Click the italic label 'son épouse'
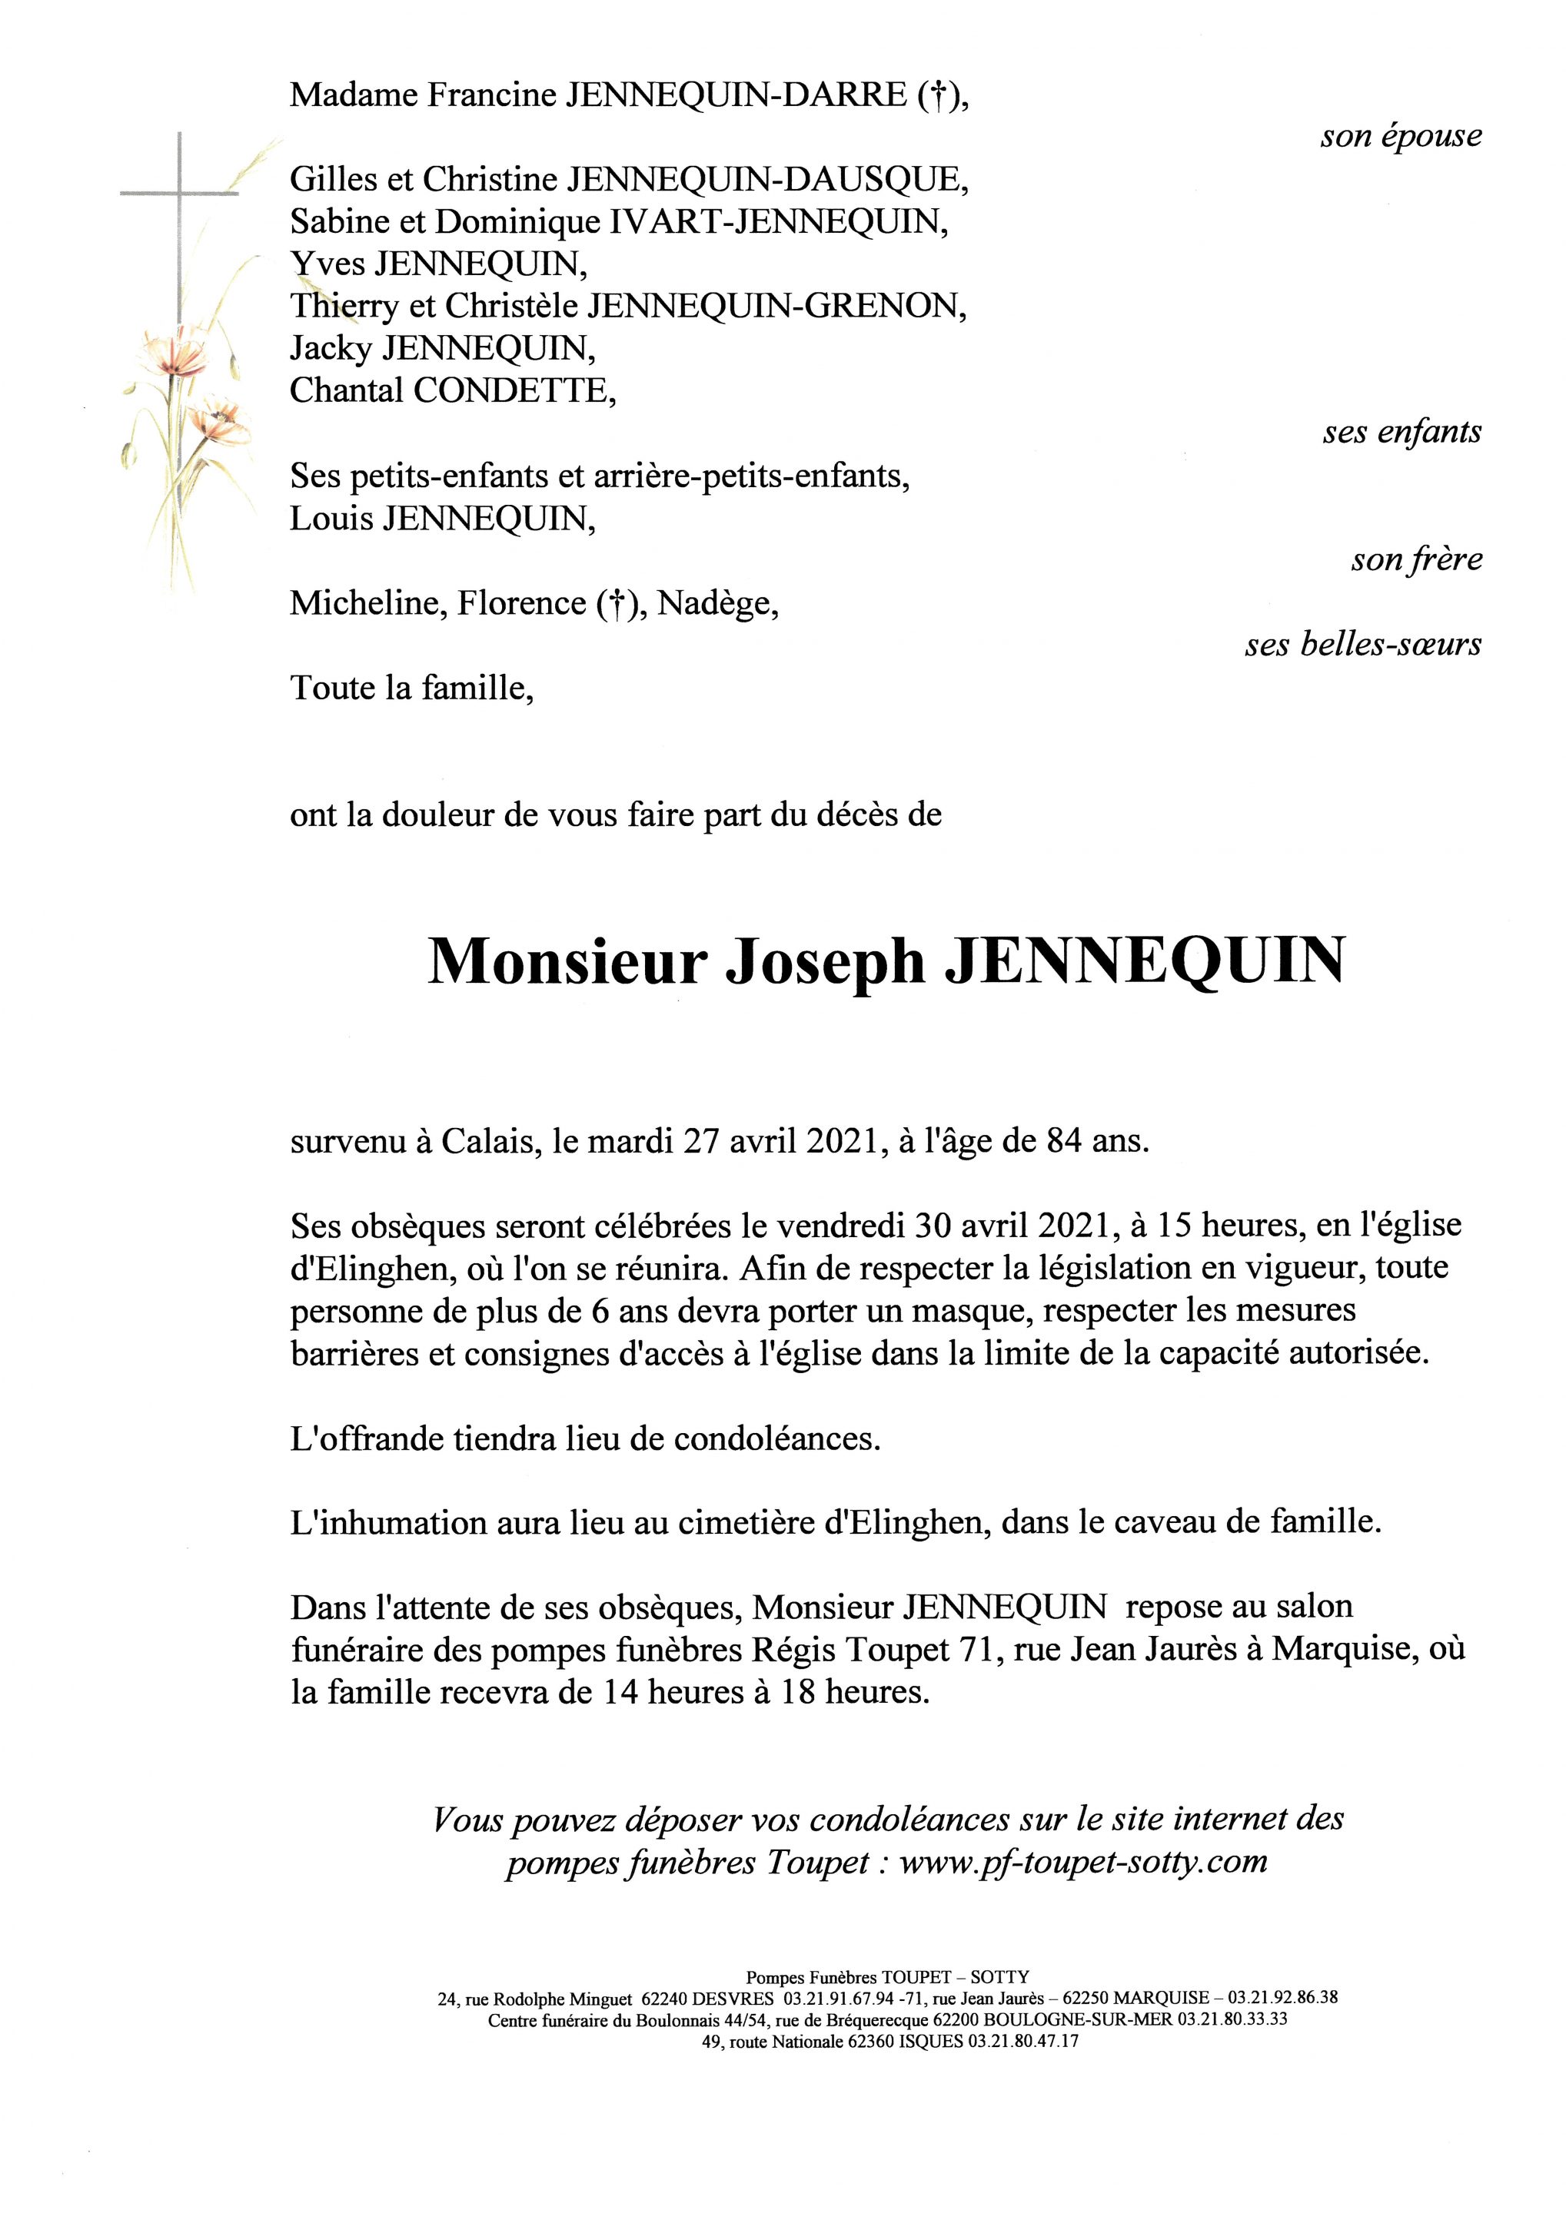(x=1400, y=136)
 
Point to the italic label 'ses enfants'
(x=1401, y=433)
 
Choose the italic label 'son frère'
(x=1415, y=559)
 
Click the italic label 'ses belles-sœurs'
(x=1362, y=644)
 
